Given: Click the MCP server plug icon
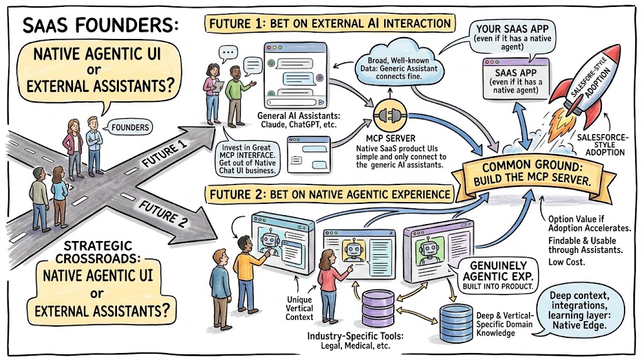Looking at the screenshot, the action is click(390, 115).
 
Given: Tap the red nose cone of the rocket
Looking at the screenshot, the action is click(612, 54).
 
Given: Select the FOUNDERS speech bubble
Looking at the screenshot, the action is click(130, 127).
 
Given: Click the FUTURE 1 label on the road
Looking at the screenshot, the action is click(165, 154).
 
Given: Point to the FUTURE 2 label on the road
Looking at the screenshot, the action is click(163, 214).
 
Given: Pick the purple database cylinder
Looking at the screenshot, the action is click(378, 308).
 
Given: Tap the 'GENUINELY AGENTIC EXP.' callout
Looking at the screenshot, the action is click(498, 276).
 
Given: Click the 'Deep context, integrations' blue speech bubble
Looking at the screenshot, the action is click(580, 311).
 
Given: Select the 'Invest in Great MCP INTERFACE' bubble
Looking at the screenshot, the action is click(247, 158).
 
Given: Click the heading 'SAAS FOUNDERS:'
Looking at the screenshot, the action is click(101, 25).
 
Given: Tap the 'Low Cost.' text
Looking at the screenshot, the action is click(567, 262).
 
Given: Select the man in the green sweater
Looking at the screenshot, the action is click(237, 96).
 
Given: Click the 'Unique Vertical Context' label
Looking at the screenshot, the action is click(299, 308).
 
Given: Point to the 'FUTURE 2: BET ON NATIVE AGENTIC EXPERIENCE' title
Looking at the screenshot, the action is click(330, 194).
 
